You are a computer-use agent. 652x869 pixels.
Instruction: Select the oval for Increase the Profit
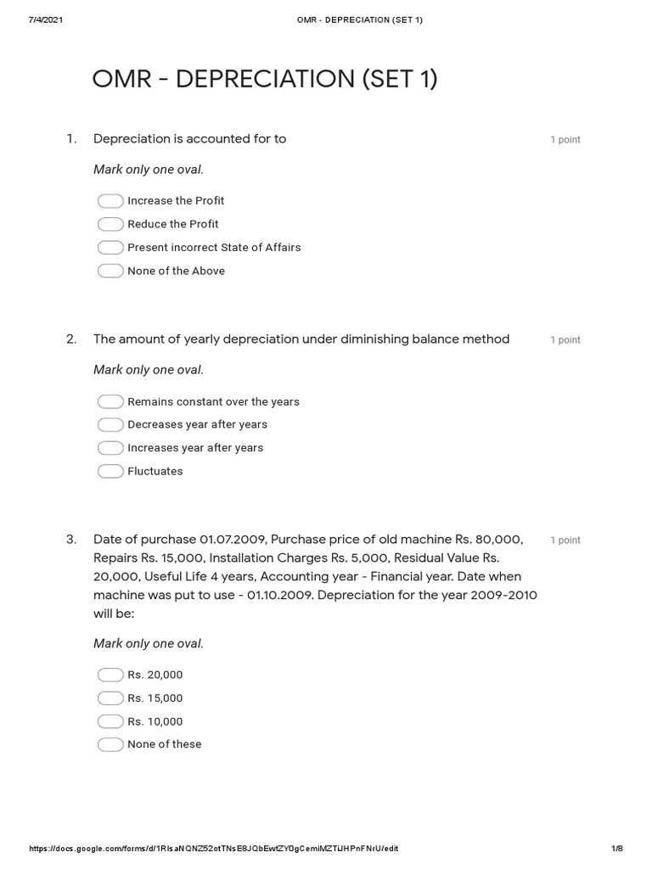[110, 201]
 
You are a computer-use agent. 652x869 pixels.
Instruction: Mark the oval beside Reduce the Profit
[110, 224]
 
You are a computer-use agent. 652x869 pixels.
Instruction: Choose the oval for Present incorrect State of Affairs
[110, 248]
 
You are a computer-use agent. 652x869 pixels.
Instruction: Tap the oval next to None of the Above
[110, 272]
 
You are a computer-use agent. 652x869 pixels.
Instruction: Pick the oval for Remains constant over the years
[110, 401]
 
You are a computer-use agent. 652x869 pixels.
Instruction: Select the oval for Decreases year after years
[110, 424]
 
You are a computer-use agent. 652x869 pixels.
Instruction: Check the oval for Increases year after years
[110, 448]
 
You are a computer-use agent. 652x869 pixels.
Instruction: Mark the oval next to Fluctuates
[110, 471]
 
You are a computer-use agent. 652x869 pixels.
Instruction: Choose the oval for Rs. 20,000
[110, 675]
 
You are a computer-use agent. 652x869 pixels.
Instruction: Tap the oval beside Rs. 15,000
[110, 698]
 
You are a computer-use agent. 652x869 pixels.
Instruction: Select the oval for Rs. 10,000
[110, 721]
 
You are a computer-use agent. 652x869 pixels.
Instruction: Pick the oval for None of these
[110, 744]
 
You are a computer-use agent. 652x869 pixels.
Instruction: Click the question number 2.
[71, 339]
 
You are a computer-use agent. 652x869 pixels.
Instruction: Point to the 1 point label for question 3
[565, 541]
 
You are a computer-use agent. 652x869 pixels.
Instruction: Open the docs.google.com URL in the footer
[213, 849]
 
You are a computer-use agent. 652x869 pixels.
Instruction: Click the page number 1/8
[616, 849]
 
